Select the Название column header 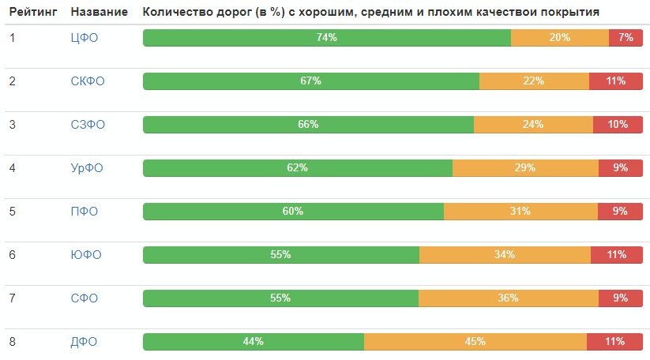point(99,13)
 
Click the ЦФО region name point(85,37)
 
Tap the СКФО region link point(87,81)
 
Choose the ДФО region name point(85,341)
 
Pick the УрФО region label point(87,167)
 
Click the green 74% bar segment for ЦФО point(326,37)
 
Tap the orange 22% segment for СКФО point(534,81)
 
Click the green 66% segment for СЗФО point(308,124)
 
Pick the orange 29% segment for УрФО point(525,167)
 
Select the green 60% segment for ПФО point(293,211)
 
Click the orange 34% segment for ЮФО point(505,254)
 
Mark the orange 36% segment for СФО point(508,298)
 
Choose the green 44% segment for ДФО point(253,341)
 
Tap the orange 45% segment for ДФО point(475,341)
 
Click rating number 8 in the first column point(13,341)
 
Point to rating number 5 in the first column point(13,211)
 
